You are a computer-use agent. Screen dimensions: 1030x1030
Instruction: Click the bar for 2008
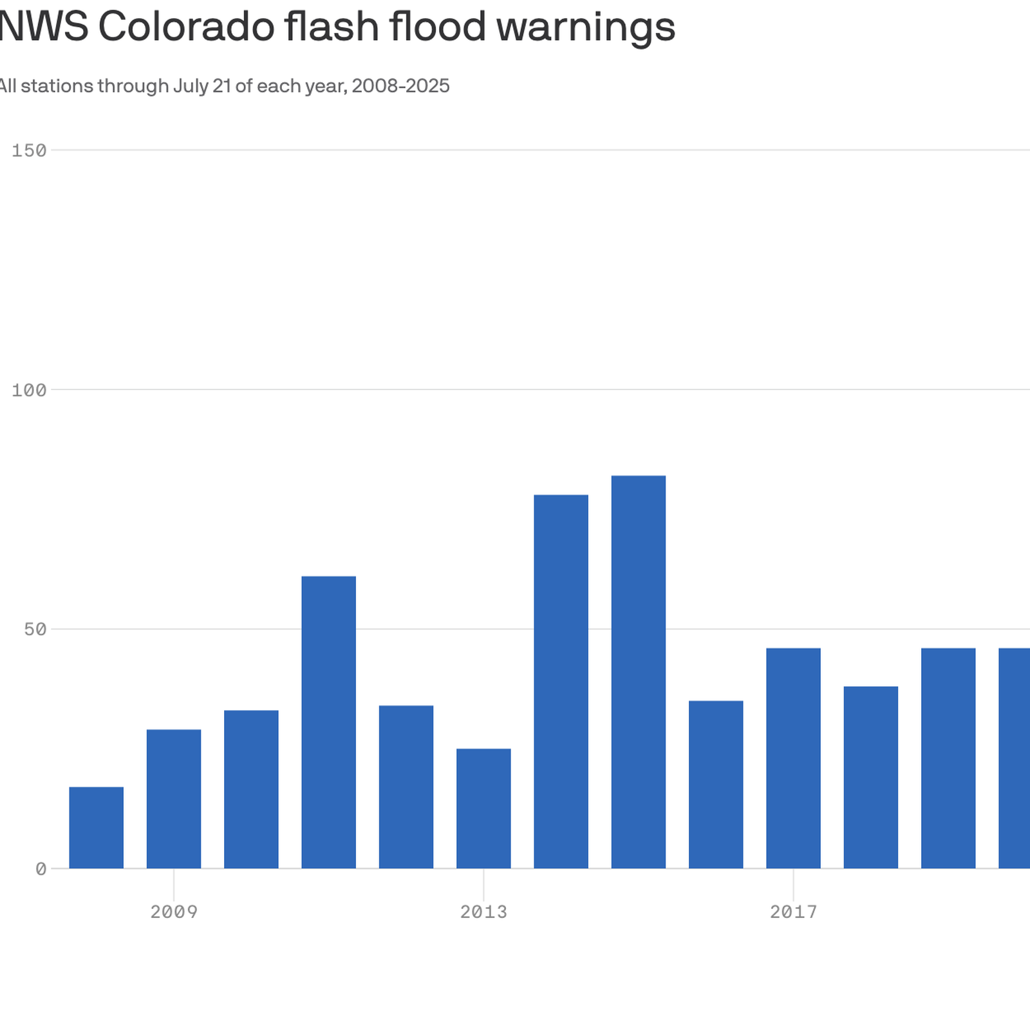97,827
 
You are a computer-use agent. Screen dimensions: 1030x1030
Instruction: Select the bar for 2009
174,799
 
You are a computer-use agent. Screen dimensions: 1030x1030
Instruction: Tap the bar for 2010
251,789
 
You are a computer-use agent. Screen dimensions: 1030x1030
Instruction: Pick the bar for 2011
329,722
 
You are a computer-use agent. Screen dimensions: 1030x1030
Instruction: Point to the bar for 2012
406,787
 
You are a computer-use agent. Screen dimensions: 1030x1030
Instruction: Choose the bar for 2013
483,809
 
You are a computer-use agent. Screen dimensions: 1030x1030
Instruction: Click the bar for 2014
561,682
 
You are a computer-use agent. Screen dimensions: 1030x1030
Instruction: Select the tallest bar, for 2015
639,672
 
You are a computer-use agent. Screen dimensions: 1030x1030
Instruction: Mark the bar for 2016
716,785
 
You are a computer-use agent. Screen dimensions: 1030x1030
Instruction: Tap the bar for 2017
794,758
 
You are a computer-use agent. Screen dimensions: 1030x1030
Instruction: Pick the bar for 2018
871,778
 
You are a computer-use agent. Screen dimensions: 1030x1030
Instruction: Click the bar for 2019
948,758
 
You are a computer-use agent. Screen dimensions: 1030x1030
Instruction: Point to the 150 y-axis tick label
30,151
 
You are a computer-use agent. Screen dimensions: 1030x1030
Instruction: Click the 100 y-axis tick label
30,390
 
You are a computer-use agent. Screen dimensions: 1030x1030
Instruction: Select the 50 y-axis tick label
36,630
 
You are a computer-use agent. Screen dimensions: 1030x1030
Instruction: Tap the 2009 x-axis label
174,912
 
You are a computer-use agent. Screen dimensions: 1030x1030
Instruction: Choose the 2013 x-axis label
483,912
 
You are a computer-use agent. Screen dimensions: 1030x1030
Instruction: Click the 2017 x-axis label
794,912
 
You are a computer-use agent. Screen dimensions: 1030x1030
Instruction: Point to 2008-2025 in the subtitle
400,86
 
